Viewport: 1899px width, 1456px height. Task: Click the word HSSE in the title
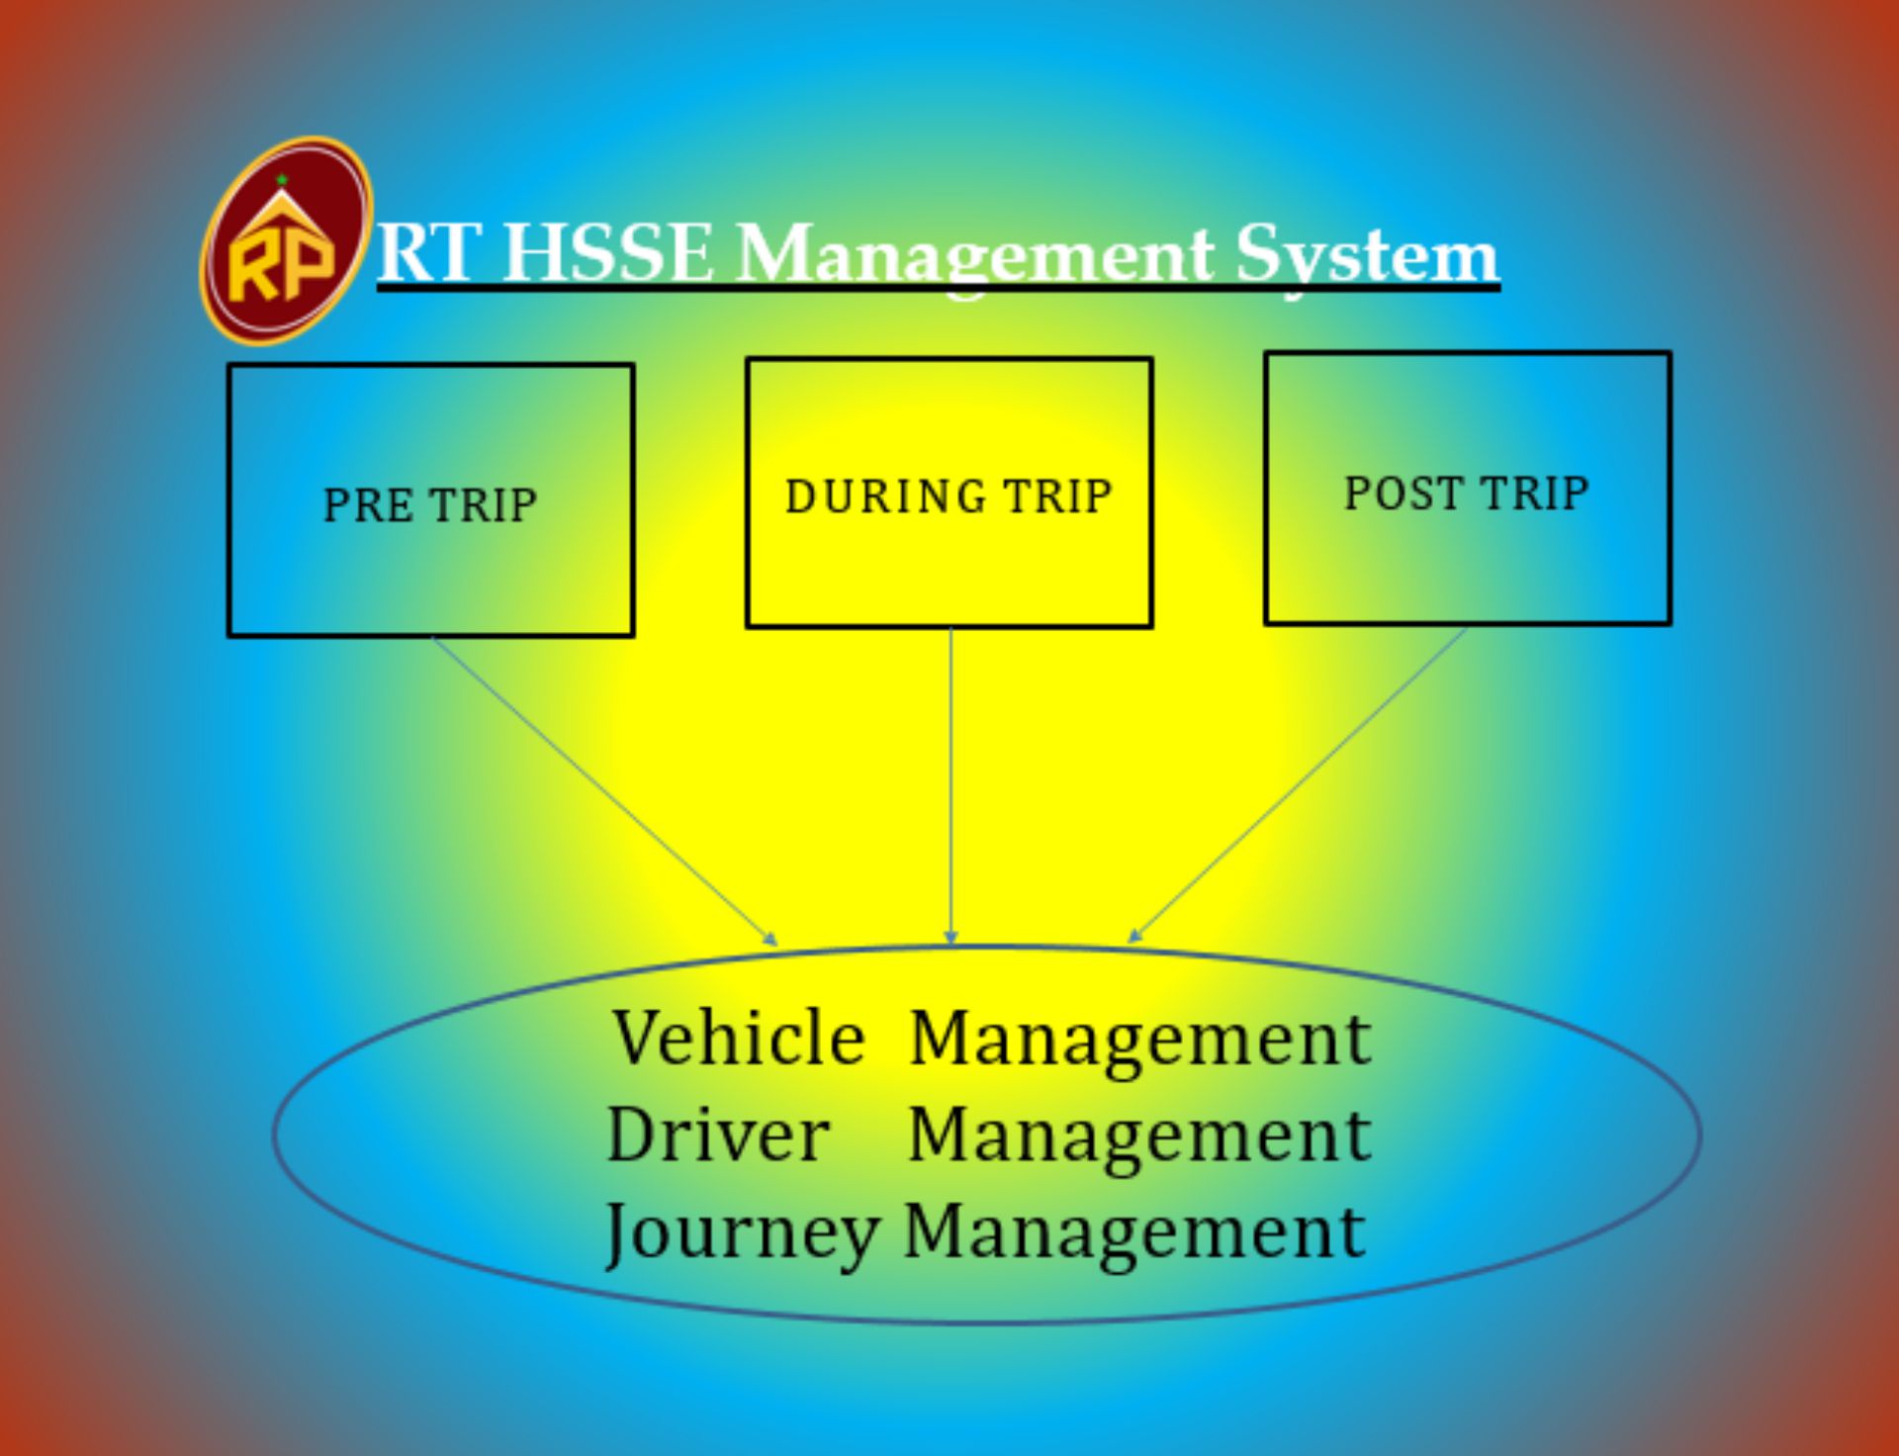(609, 253)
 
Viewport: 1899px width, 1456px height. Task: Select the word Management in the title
(975, 255)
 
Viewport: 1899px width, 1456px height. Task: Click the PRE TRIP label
(430, 505)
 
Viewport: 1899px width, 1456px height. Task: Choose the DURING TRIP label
(949, 497)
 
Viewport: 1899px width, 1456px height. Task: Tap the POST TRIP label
(1467, 494)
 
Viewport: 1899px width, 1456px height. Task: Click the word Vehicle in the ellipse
(738, 1039)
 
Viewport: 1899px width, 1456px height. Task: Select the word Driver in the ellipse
(718, 1135)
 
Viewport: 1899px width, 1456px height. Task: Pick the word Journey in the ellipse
(742, 1232)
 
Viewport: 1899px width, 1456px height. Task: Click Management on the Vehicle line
(1139, 1041)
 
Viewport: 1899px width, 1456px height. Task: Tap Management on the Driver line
(1139, 1137)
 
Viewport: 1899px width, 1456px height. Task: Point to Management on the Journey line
(1135, 1232)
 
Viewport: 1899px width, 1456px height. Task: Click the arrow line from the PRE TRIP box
(603, 789)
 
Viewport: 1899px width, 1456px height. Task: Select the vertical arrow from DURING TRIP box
(950, 781)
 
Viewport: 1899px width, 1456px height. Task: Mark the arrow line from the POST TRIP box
(1299, 783)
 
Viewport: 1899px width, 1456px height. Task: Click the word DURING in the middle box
(885, 497)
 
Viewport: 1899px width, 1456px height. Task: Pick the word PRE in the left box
(368, 505)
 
